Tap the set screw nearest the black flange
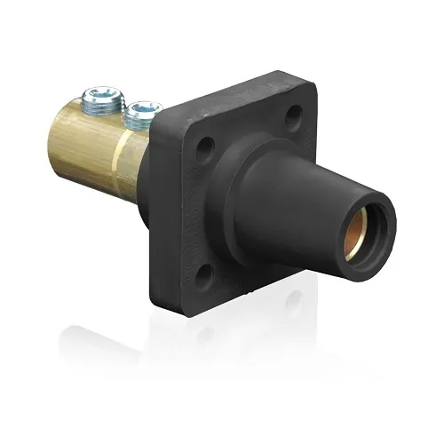coord(142,114)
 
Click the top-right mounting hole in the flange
coord(294,115)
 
